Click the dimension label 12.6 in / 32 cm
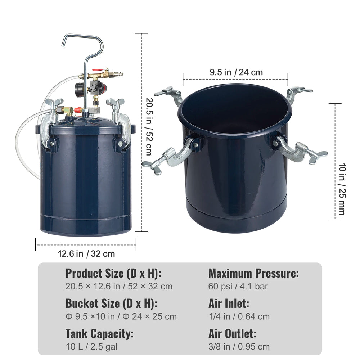[x=86, y=254]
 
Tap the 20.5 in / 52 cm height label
[x=149, y=127]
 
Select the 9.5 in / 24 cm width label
[x=236, y=72]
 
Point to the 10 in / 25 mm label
[x=342, y=189]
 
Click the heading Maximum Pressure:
[x=254, y=273]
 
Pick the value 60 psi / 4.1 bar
[x=238, y=286]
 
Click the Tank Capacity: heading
[x=99, y=333]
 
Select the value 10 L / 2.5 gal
[x=91, y=347]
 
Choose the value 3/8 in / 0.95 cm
[x=239, y=346]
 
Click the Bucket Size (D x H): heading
[x=112, y=303]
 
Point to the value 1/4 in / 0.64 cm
[x=239, y=316]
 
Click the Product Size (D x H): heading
[x=113, y=273]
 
